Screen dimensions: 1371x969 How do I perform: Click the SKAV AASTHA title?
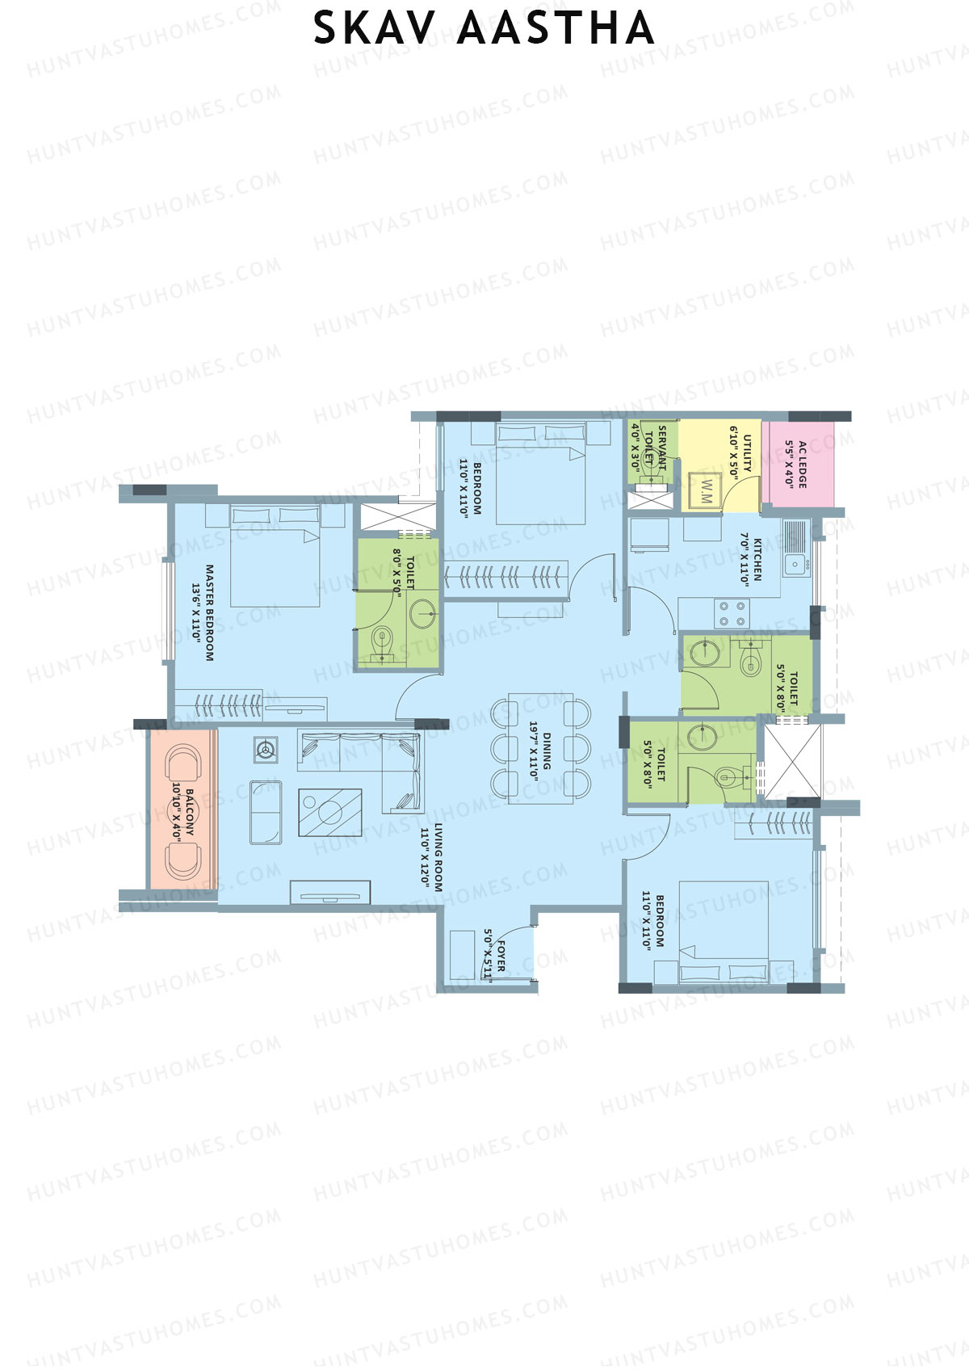click(484, 28)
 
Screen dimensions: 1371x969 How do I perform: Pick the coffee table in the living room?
click(329, 812)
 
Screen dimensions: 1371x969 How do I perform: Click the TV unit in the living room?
click(330, 892)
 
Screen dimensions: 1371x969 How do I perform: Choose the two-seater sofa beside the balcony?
click(266, 812)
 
